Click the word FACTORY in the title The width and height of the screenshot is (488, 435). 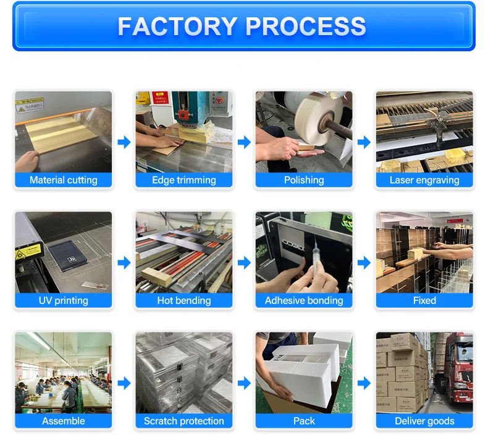click(177, 27)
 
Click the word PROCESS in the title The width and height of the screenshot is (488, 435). click(306, 27)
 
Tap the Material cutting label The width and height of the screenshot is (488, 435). click(64, 180)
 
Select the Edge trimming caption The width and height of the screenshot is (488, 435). click(184, 180)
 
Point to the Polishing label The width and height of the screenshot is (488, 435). click(304, 180)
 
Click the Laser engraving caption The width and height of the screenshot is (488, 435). click(424, 180)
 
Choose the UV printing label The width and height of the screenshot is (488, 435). click(64, 300)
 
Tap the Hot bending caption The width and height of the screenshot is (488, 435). click(184, 300)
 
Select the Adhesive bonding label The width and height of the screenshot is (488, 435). click(304, 300)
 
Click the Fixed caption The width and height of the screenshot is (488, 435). click(424, 300)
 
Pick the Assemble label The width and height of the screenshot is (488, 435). click(64, 421)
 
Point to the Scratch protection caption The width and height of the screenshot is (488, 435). click(184, 421)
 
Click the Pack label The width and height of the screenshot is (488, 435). click(304, 421)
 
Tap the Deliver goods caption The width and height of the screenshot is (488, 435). click(424, 421)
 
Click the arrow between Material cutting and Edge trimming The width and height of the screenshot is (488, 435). click(124, 142)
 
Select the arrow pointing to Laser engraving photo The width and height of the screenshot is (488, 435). click(364, 142)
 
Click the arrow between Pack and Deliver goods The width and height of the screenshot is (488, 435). click(364, 383)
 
